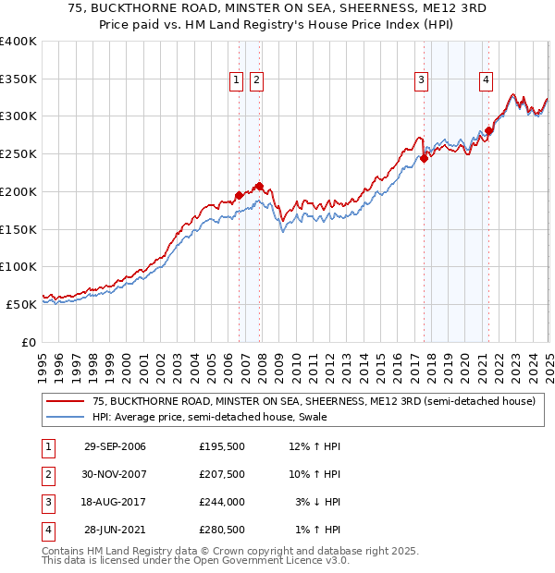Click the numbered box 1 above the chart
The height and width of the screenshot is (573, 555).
click(x=237, y=80)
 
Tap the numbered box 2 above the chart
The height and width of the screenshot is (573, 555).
click(x=255, y=80)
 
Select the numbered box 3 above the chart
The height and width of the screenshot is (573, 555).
click(x=421, y=80)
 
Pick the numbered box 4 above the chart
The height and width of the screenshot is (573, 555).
click(x=486, y=80)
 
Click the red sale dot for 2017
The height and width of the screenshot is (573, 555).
click(x=424, y=158)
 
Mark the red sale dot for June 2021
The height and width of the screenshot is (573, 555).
click(x=489, y=130)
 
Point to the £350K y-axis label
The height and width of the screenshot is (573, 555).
click(x=18, y=79)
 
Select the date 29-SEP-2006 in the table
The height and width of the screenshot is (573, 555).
click(x=114, y=446)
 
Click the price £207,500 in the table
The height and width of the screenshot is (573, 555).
click(x=222, y=474)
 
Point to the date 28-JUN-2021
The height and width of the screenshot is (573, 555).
click(x=115, y=530)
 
